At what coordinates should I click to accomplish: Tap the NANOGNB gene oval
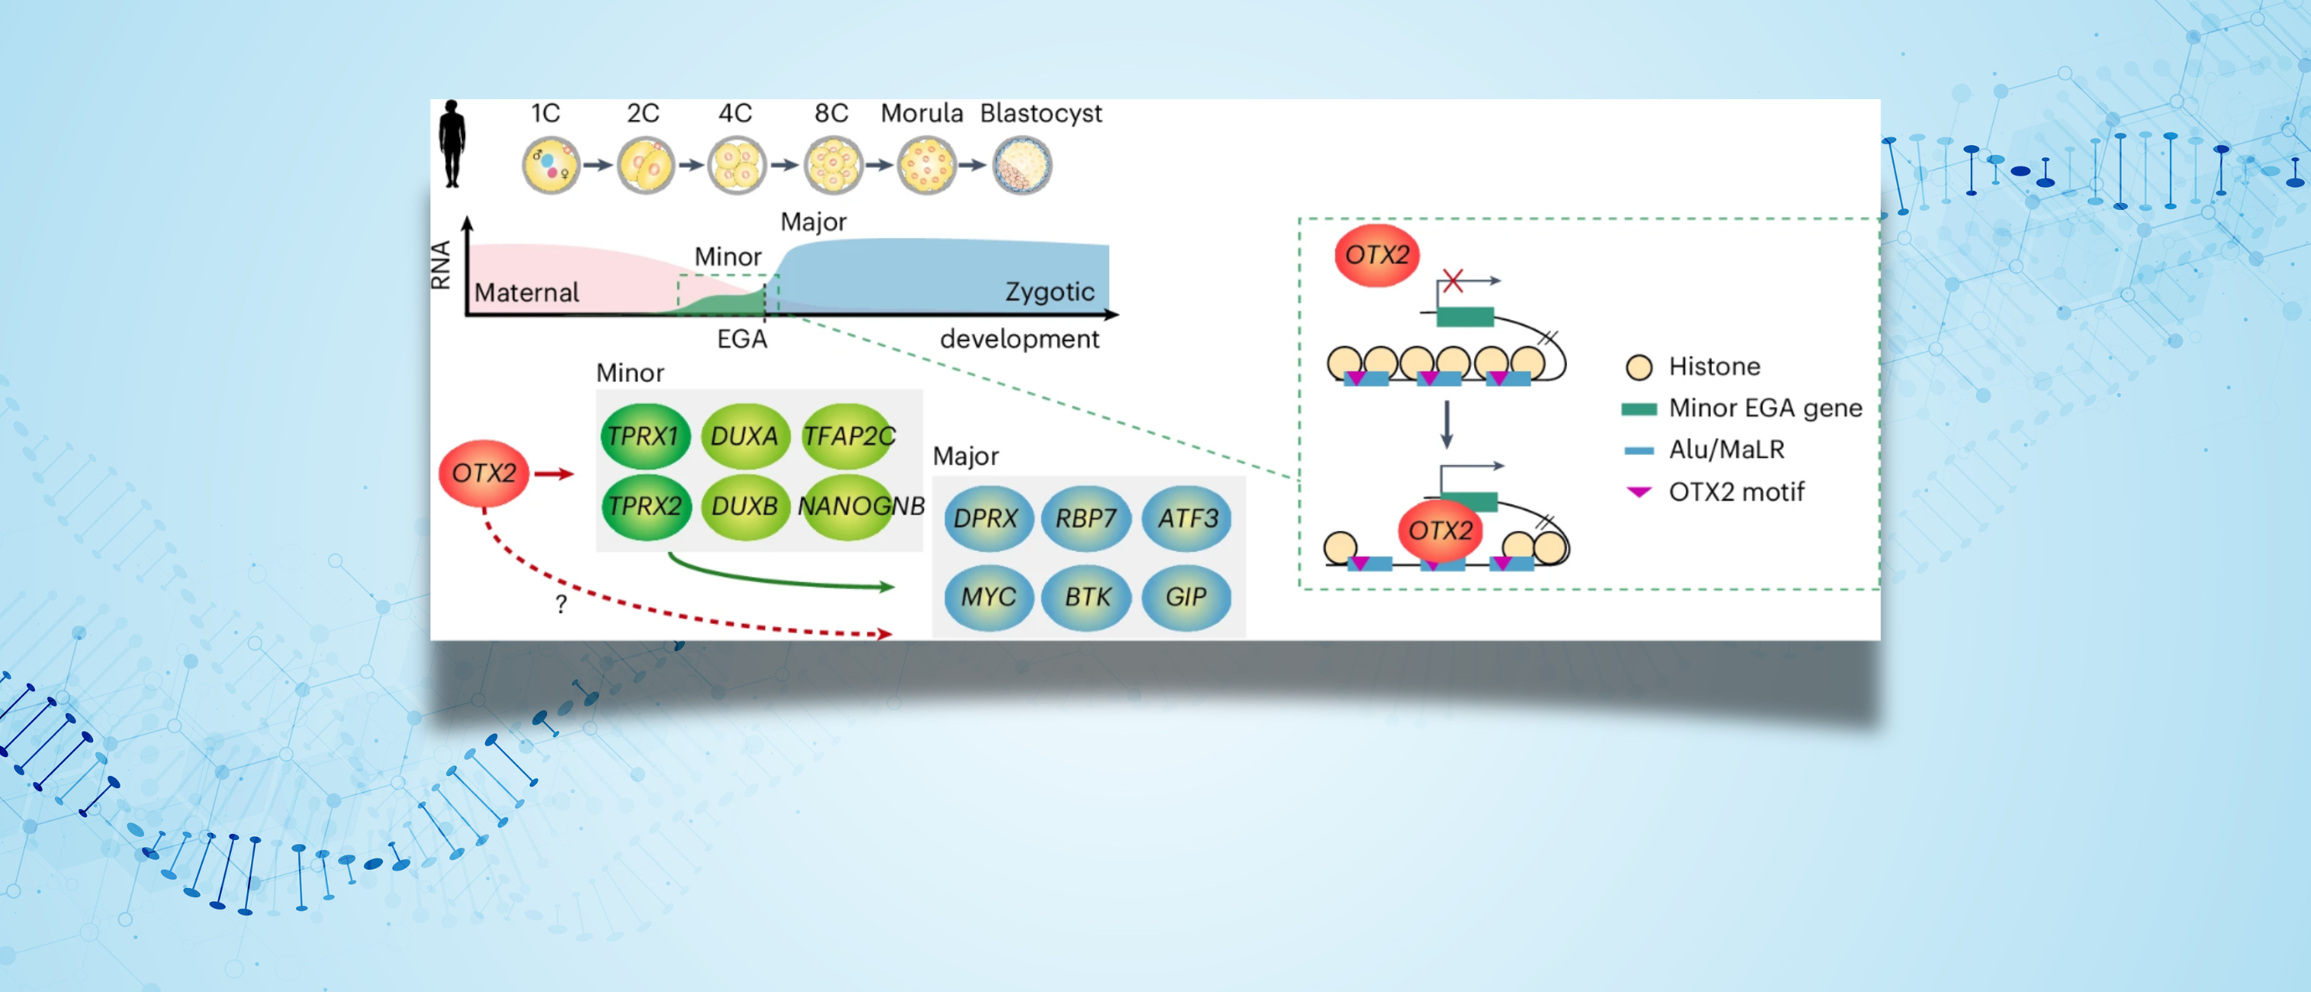848,507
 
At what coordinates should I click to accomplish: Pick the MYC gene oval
988,598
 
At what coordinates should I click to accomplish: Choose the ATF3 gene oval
1187,518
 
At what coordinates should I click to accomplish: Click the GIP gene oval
1185,598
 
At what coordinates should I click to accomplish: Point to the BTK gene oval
1087,598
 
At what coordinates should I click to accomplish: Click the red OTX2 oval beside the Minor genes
484,473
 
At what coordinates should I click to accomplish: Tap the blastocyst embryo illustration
1022,166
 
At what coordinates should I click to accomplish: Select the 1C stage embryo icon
551,166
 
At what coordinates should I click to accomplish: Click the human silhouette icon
452,143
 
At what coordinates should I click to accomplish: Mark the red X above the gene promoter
1453,281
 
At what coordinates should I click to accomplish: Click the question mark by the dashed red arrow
562,604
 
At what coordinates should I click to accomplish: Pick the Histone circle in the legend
1639,367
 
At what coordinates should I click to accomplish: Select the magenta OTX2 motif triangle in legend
1639,491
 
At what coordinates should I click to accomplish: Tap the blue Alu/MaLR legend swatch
1639,450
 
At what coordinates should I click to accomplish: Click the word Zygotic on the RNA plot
1049,291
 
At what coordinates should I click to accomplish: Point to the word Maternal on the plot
527,292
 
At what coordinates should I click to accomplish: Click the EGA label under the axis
742,339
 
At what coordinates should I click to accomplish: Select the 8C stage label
831,113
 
